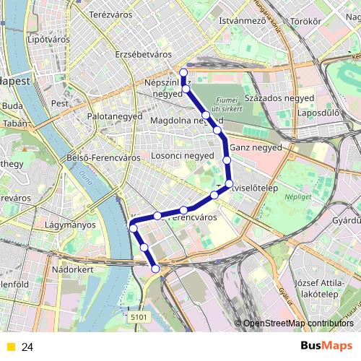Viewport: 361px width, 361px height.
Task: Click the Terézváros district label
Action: (108, 14)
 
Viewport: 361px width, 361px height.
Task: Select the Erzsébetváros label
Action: (143, 54)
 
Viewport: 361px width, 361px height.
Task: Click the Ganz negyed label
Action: (256, 148)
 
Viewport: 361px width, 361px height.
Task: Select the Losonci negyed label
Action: (183, 155)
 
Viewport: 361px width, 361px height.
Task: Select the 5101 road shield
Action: (139, 316)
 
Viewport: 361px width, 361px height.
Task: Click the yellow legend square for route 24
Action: (10, 347)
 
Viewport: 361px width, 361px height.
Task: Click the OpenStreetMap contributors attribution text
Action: (298, 323)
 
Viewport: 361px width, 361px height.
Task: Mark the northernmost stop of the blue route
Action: (183, 72)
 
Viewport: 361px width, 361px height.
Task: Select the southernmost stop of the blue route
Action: (156, 269)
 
